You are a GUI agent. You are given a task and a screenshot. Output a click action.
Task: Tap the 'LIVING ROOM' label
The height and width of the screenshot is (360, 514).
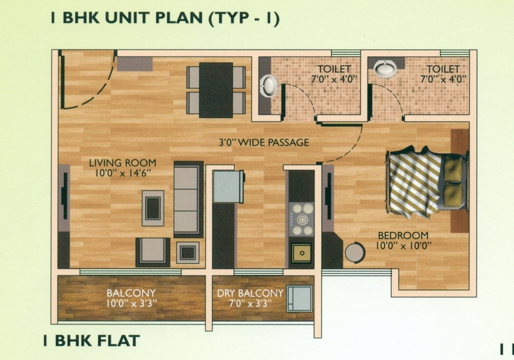tap(123, 163)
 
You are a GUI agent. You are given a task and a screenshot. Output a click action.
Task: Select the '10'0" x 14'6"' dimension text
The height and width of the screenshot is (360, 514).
tap(123, 173)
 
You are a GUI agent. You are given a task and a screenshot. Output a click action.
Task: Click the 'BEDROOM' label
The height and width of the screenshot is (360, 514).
tap(402, 235)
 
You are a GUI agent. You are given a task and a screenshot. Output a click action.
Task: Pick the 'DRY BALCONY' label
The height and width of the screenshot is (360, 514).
tap(250, 293)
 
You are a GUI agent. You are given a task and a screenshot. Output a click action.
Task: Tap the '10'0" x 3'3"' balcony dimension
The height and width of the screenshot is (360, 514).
tap(131, 304)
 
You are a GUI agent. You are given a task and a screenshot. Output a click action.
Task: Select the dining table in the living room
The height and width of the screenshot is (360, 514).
tap(216, 89)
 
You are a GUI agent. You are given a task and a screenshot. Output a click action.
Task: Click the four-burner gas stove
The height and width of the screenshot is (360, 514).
tap(302, 219)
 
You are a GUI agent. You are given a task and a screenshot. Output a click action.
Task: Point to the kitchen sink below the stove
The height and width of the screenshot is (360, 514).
tap(302, 251)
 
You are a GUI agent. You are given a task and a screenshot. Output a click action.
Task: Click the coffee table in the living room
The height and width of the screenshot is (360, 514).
tap(153, 207)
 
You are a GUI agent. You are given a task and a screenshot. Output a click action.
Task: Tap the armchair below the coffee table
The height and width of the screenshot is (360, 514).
tap(152, 250)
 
